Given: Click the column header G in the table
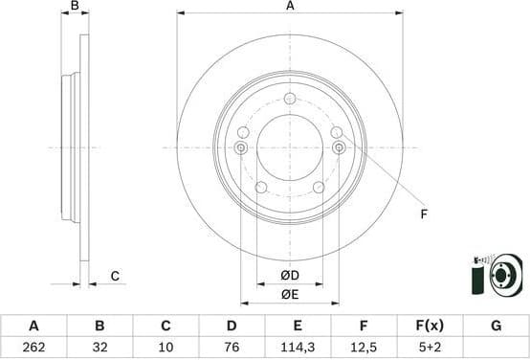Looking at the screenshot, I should (496, 326).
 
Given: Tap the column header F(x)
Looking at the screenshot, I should (430, 326).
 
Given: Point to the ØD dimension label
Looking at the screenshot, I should (289, 277).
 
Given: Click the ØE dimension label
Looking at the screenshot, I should (289, 295).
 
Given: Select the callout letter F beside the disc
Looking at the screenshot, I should (424, 214).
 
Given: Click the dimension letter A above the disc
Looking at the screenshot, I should (290, 7).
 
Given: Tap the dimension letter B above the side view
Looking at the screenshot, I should (75, 7).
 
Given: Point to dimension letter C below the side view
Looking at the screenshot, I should (114, 277).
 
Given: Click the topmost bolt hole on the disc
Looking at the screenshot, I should (290, 99).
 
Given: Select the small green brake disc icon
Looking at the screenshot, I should (499, 276).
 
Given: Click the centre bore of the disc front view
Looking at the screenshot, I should (290, 147).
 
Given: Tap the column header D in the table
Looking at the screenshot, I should (231, 326).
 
